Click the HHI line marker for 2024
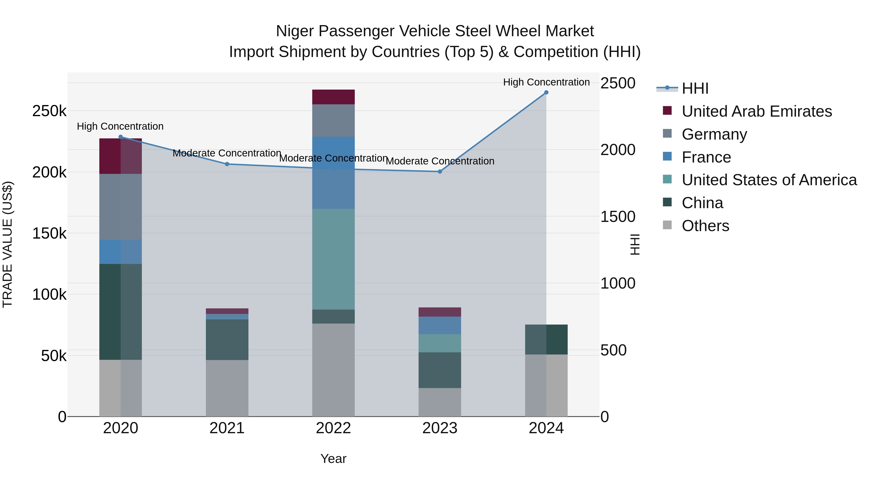pos(546,92)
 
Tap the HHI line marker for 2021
pos(227,164)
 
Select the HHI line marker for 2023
pos(440,171)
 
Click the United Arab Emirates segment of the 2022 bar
pos(333,97)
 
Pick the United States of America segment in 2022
pos(333,259)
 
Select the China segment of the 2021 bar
pos(227,339)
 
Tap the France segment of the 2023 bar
pos(440,325)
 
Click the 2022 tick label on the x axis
pos(333,428)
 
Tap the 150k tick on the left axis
pos(49,233)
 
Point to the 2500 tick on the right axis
pos(618,83)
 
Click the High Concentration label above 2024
pos(546,82)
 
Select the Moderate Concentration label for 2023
pos(440,161)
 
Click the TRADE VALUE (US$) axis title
pos(8,244)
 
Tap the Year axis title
pos(333,459)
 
